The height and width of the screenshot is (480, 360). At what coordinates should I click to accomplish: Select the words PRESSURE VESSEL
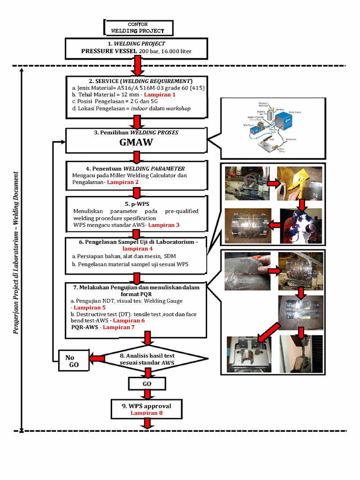tap(109, 51)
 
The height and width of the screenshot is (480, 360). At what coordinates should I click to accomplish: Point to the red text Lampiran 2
tap(123, 182)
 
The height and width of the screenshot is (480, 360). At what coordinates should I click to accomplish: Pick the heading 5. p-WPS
tap(136, 204)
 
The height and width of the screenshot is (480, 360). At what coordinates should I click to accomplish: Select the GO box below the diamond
tap(147, 383)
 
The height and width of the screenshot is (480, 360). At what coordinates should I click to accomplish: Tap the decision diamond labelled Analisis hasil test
tap(147, 359)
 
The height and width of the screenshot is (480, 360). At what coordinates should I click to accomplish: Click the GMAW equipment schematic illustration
tap(273, 128)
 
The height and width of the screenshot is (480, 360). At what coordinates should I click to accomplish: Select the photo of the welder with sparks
tap(300, 226)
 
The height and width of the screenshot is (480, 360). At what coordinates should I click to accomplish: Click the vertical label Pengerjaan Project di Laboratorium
tap(17, 253)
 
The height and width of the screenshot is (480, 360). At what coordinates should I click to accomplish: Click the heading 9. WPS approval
tap(147, 406)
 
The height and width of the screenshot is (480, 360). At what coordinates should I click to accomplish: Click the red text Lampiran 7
tap(119, 327)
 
